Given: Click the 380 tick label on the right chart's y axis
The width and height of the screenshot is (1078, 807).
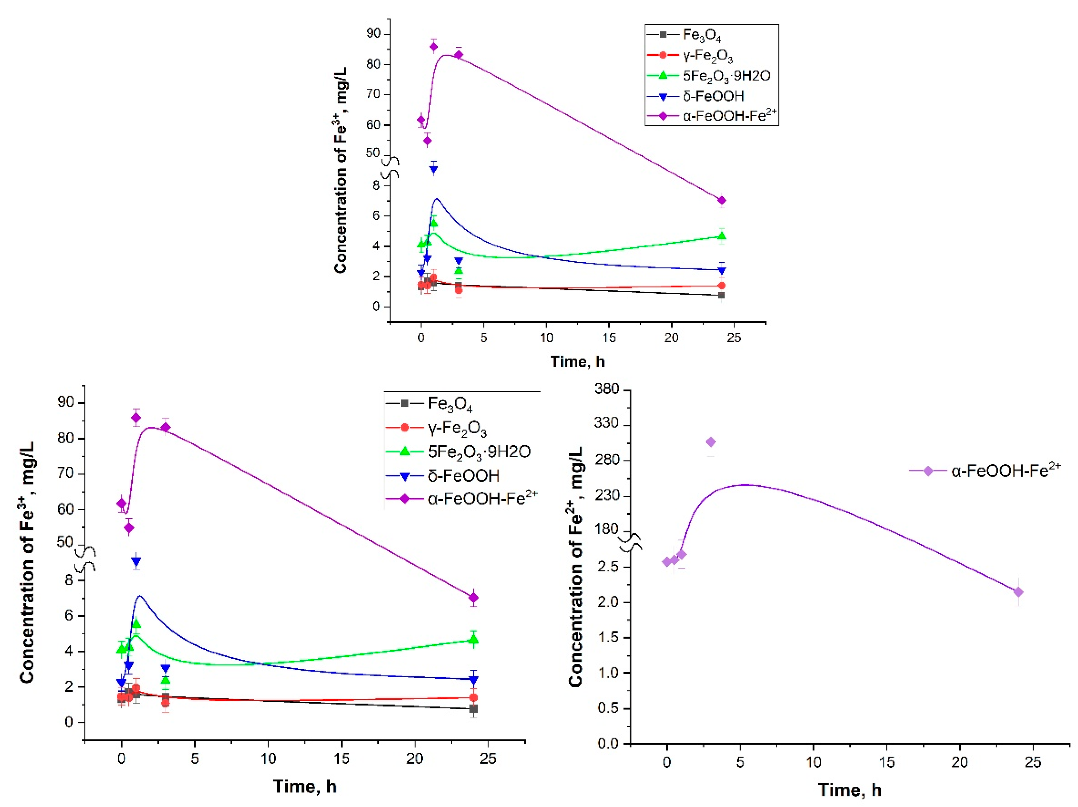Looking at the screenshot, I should pyautogui.click(x=606, y=389).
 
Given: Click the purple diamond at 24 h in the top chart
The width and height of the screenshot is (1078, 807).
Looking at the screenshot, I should pyautogui.click(x=722, y=200).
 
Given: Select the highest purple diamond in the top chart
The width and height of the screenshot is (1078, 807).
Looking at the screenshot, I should pyautogui.click(x=433, y=47).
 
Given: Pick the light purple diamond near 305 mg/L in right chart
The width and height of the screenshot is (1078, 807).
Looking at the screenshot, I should pyautogui.click(x=711, y=442).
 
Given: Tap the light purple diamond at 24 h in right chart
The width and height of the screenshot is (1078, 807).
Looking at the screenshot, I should pyautogui.click(x=1018, y=592).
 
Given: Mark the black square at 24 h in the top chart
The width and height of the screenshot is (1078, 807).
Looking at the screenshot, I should pyautogui.click(x=721, y=295).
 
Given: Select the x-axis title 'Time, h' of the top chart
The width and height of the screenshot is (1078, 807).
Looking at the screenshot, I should pyautogui.click(x=577, y=362).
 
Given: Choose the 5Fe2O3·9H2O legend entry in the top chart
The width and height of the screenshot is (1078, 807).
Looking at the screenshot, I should pyautogui.click(x=726, y=76).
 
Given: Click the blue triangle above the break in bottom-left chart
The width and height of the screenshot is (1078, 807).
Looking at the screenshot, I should pyautogui.click(x=136, y=561).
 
